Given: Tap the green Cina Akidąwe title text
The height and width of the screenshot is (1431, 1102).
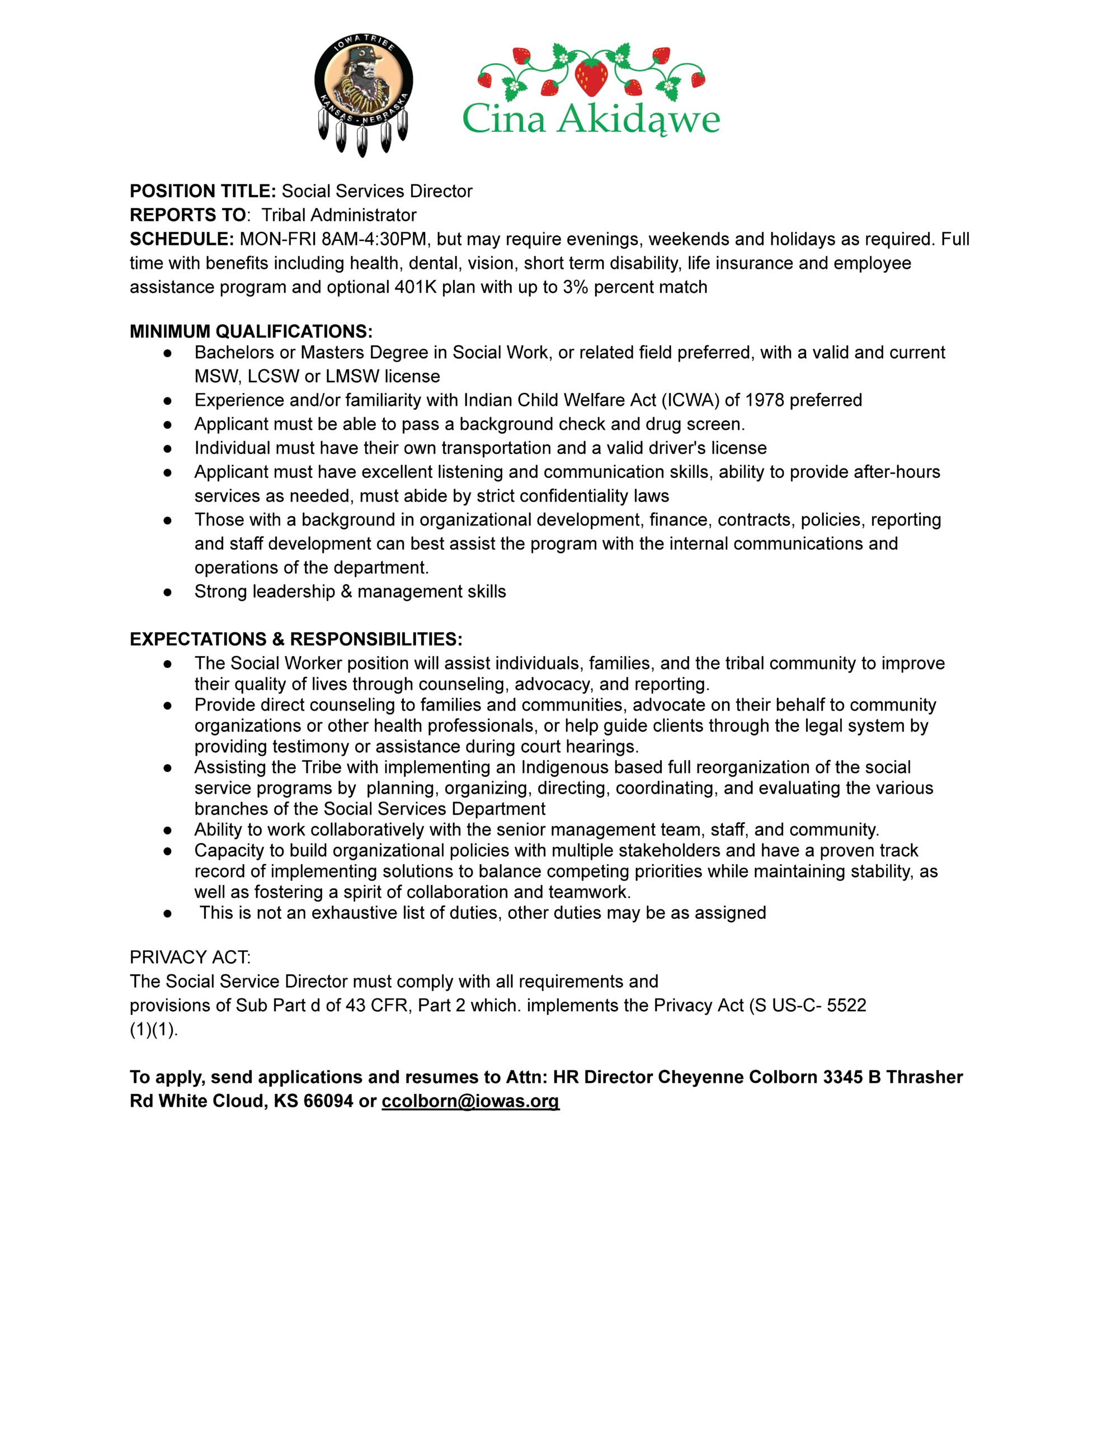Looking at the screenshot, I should [x=591, y=121].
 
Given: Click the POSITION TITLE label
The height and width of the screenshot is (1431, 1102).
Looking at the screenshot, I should [x=202, y=191].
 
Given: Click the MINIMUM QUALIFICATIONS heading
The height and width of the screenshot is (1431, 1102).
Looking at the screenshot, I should [x=251, y=331].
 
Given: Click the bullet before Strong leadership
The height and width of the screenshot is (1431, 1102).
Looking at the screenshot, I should [x=168, y=591].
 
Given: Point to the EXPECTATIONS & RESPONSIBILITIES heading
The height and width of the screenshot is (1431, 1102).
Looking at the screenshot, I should [x=296, y=639].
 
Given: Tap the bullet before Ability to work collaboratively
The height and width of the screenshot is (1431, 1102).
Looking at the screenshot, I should [x=168, y=830].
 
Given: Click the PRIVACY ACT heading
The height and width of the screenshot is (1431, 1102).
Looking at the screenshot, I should [x=190, y=958].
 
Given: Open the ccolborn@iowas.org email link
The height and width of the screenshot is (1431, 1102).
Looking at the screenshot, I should [x=470, y=1101].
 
